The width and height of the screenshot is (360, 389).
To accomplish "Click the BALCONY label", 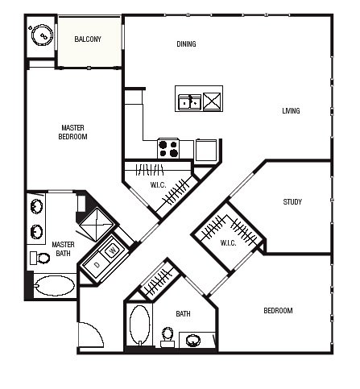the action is pyautogui.click(x=88, y=39).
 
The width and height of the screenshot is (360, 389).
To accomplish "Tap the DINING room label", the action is pyautogui.click(x=186, y=44).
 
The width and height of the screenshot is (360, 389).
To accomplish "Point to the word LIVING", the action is pyautogui.click(x=291, y=111).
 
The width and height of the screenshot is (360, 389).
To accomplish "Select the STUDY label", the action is pyautogui.click(x=292, y=202).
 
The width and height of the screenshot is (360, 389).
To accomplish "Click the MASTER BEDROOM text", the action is pyautogui.click(x=72, y=132).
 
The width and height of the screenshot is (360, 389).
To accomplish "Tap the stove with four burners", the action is pyautogui.click(x=168, y=148).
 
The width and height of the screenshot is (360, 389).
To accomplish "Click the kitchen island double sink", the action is pyautogui.click(x=190, y=102).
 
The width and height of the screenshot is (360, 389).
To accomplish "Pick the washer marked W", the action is pyautogui.click(x=113, y=251).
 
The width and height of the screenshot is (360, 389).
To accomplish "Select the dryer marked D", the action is pyautogui.click(x=97, y=265).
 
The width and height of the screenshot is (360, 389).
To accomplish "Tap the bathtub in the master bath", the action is pyautogui.click(x=55, y=286).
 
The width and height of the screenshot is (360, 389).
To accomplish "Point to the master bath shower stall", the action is pyautogui.click(x=97, y=225).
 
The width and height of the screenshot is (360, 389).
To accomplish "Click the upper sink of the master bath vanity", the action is pyautogui.click(x=36, y=206).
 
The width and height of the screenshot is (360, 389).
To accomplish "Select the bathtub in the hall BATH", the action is pyautogui.click(x=139, y=325).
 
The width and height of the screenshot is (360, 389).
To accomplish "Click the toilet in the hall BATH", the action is pyautogui.click(x=168, y=337).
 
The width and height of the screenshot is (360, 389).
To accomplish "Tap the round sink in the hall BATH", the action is pyautogui.click(x=193, y=341).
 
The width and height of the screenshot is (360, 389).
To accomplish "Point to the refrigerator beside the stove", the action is pyautogui.click(x=206, y=150).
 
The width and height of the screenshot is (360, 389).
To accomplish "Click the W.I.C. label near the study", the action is pyautogui.click(x=228, y=243).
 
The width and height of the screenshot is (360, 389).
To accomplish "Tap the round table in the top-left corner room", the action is pyautogui.click(x=42, y=35).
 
